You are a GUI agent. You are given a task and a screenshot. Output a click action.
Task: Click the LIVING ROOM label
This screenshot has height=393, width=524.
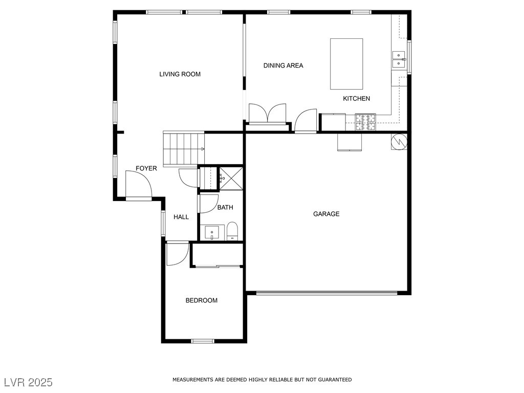[x=180, y=74]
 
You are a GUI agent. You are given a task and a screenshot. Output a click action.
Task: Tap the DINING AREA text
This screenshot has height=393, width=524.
[x=283, y=65]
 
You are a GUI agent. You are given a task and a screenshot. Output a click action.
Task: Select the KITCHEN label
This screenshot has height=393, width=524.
[x=356, y=99]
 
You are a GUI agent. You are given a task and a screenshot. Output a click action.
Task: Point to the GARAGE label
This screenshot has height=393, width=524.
[x=326, y=214]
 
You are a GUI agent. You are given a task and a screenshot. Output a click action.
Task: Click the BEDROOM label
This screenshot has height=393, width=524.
[x=201, y=300]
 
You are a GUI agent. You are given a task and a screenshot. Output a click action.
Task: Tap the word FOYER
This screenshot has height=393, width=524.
[x=146, y=168]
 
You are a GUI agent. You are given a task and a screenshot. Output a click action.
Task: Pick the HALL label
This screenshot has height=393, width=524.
[x=181, y=217]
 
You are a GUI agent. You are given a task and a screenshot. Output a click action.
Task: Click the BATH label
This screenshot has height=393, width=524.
[x=225, y=208]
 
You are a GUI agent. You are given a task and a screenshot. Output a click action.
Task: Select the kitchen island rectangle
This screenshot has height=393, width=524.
[x=346, y=64]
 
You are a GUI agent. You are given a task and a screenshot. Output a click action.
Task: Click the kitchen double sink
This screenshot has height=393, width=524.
[x=398, y=59]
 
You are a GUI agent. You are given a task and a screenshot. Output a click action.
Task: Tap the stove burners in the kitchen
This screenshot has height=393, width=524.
[x=365, y=122]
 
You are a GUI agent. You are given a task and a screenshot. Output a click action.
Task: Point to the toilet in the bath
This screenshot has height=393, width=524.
[x=232, y=231]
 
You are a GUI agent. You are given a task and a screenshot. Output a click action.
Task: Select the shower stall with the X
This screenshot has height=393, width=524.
[x=231, y=179]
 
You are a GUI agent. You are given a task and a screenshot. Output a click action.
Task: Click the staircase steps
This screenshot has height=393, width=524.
[x=184, y=149]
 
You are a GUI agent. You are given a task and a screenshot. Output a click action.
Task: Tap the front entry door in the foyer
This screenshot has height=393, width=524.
[x=138, y=185]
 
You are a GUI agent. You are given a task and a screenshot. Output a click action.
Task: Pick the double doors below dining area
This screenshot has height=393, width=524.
[x=267, y=114]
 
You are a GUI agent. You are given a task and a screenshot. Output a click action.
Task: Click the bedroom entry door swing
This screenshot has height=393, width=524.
[x=178, y=254]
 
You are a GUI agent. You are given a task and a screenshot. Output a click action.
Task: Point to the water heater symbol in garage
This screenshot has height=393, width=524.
[x=399, y=142]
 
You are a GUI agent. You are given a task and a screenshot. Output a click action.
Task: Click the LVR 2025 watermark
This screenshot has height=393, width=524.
[x=29, y=382]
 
